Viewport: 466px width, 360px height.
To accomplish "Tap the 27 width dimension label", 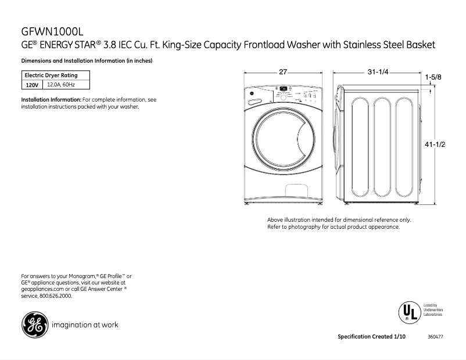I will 283,72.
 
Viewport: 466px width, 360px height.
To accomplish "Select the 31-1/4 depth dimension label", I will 377,72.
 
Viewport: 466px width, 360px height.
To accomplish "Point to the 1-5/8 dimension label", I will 433,77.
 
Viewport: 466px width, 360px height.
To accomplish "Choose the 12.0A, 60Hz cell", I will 60,85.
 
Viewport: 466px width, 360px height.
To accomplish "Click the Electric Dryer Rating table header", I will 51,75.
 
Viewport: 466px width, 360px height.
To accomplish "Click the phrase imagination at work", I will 85,325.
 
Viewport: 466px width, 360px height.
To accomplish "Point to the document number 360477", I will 435,337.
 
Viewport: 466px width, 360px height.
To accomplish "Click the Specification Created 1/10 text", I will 369,337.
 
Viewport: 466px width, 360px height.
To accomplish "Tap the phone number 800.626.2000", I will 56,296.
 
